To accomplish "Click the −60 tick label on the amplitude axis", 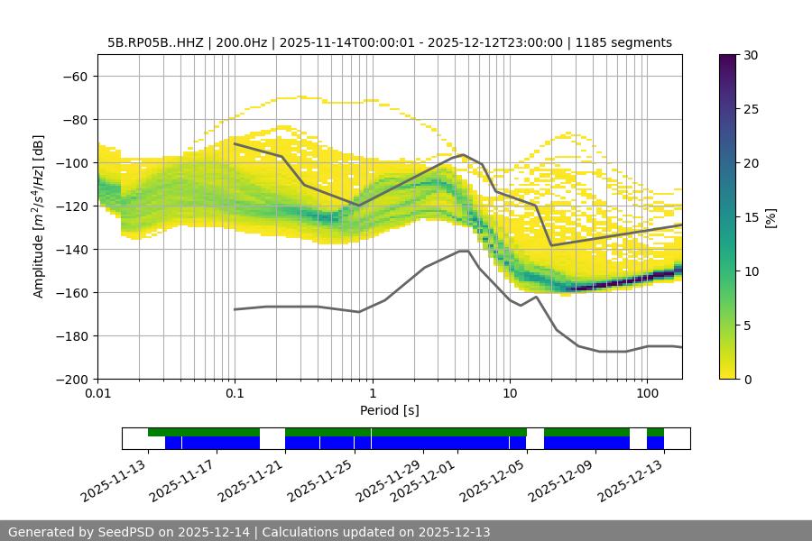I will click(x=75, y=76).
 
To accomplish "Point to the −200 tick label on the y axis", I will click(x=71, y=379).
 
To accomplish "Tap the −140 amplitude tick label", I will click(x=71, y=249).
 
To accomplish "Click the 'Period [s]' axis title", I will click(x=390, y=410).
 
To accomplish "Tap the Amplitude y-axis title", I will click(x=39, y=216).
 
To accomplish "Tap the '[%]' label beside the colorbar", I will click(x=771, y=217).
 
